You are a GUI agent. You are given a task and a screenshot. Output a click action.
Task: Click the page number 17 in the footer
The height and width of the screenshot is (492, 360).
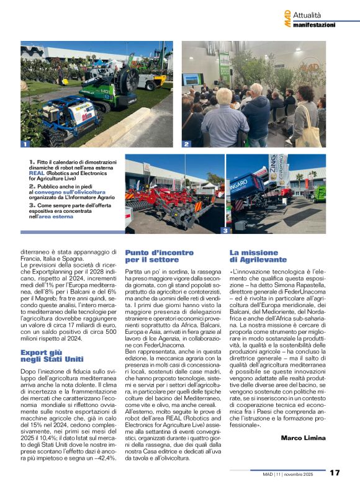(335, 473)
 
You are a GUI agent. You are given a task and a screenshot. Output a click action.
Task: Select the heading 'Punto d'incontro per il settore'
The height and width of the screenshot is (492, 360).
(151, 256)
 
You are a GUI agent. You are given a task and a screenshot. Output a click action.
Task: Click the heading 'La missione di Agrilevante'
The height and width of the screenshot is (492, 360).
(259, 256)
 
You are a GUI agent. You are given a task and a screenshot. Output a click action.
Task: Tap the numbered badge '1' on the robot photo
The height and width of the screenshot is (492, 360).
(25, 143)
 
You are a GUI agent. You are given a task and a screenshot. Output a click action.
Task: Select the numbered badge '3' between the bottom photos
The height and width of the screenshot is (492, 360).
(224, 230)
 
